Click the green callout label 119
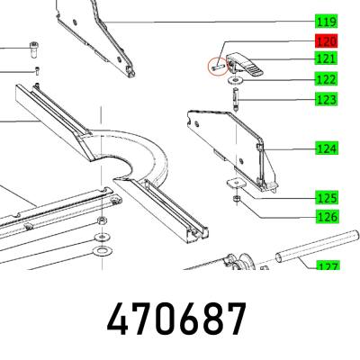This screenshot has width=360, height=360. point(327,22)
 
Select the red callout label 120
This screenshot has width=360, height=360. point(327,40)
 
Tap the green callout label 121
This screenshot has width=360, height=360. point(327,58)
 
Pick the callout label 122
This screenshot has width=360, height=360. point(327,79)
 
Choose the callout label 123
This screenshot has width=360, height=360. point(327,99)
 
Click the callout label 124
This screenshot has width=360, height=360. point(327,148)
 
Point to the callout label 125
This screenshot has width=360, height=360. point(327,198)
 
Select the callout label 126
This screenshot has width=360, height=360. point(327,216)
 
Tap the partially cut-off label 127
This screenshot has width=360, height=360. point(328,265)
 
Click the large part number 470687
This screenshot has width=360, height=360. point(176,319)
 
